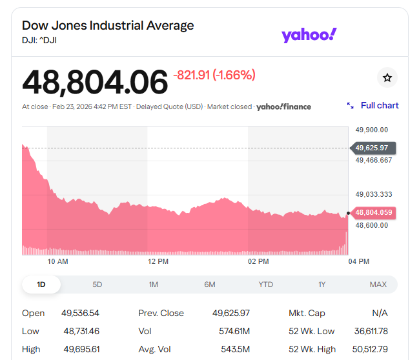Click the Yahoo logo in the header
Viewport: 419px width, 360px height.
pos(309,35)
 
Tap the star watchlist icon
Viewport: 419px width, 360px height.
pos(387,77)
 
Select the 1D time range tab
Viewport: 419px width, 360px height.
pos(41,285)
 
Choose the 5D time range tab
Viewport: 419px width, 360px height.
pos(97,285)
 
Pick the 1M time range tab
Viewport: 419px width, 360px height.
pos(154,285)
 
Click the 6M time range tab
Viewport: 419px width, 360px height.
pos(210,285)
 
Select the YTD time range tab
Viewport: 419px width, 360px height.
pos(265,285)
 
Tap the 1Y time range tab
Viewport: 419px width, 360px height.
pos(322,285)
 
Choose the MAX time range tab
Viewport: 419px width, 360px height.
pos(378,285)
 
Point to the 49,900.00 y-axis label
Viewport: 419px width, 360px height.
pos(372,129)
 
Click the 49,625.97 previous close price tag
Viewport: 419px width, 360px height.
pos(372,148)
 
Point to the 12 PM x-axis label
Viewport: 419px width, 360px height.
pos(158,261)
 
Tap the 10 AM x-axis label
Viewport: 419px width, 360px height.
pos(57,261)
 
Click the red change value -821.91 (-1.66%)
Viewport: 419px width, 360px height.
pos(214,75)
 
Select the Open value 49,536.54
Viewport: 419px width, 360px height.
pos(81,313)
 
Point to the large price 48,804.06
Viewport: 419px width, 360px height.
pos(95,82)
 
